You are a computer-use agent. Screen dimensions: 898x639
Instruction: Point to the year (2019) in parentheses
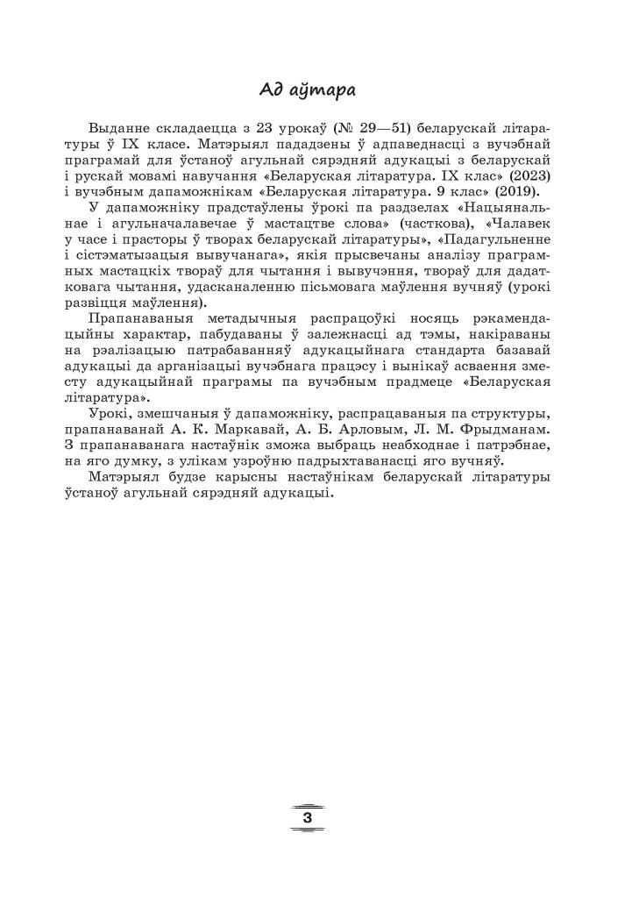point(520,191)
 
